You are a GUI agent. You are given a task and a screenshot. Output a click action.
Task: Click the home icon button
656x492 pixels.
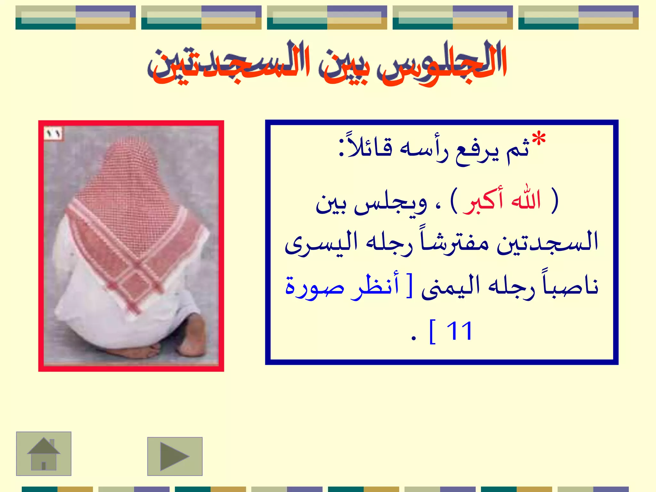pos(44,454)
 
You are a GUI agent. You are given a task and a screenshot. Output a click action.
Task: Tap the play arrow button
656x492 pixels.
pos(175,456)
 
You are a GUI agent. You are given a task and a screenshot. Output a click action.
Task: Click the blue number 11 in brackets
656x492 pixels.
pos(459,331)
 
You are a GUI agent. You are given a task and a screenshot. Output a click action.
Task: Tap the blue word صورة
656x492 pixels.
pos(315,286)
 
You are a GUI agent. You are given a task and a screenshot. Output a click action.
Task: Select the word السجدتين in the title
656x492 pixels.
pos(231,64)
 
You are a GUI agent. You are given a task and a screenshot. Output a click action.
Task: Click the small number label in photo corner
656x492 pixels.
pos(53,134)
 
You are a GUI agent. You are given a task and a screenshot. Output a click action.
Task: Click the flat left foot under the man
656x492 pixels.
pos(135,351)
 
